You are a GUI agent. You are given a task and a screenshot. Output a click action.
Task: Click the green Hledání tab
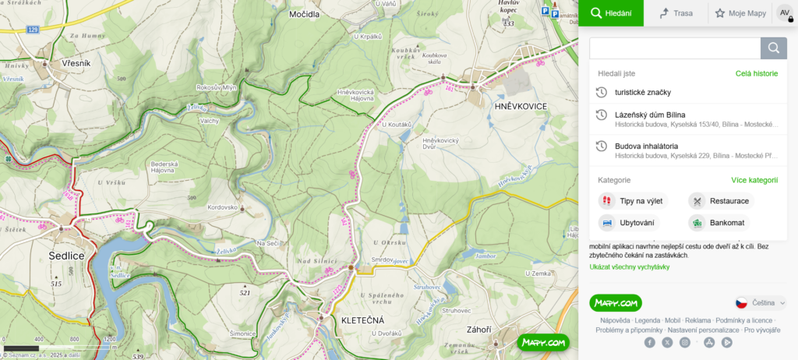tap(611, 13)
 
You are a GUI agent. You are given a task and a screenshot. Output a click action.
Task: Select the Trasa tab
tap(676, 13)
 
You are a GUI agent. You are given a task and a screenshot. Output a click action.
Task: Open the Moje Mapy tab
tap(740, 13)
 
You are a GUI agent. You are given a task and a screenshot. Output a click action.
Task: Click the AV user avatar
tap(785, 13)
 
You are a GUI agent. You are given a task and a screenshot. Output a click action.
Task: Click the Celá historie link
tap(756, 73)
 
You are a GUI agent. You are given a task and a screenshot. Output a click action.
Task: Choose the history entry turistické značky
tap(643, 93)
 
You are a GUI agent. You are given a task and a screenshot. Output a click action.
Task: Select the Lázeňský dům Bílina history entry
tap(650, 115)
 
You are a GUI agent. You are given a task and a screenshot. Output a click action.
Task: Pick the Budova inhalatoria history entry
tap(646, 146)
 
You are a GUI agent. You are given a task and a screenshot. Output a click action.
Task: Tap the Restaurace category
tap(729, 201)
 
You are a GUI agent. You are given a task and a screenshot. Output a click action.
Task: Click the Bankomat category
tap(726, 223)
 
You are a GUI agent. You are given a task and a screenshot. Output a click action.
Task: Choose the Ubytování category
tap(636, 223)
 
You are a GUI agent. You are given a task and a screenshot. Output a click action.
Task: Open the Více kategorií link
tap(754, 180)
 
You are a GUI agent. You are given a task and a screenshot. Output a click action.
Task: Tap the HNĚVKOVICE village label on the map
tap(521, 105)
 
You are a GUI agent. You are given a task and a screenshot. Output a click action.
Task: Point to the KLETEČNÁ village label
tap(363, 320)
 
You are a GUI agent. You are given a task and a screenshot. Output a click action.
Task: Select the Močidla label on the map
tap(304, 15)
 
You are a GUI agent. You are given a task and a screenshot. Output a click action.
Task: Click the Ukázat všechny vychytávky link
tap(629, 267)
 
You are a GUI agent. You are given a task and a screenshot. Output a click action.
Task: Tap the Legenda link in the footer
tap(647, 320)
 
